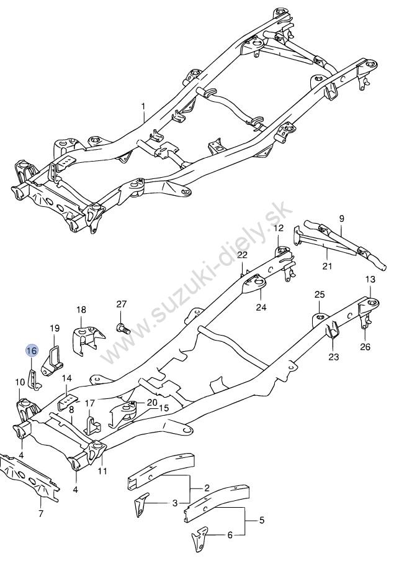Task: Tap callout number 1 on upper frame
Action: pos(143,108)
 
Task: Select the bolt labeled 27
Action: pos(122,328)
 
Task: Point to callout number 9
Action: pos(341,218)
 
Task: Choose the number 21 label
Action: pos(328,266)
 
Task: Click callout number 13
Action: pos(370,279)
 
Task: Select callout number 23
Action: pos(334,357)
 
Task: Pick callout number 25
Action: pos(319,294)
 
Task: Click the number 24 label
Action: pos(261,307)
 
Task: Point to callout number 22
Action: pos(242,255)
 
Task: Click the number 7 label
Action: pos(41,513)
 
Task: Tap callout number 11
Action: pos(102,470)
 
